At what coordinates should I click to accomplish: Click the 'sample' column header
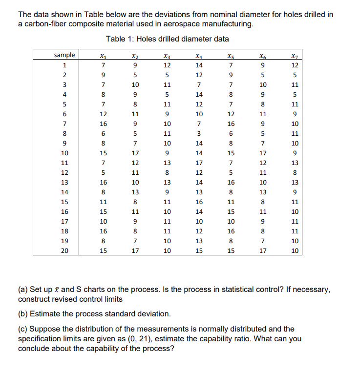(64, 55)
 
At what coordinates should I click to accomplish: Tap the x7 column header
(294, 55)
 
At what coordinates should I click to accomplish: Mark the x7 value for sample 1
(294, 65)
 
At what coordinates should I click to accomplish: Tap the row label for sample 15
(64, 202)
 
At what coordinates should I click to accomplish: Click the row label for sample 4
(64, 94)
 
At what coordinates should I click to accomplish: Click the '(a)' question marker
(23, 290)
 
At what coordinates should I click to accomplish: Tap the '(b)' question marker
(23, 313)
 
